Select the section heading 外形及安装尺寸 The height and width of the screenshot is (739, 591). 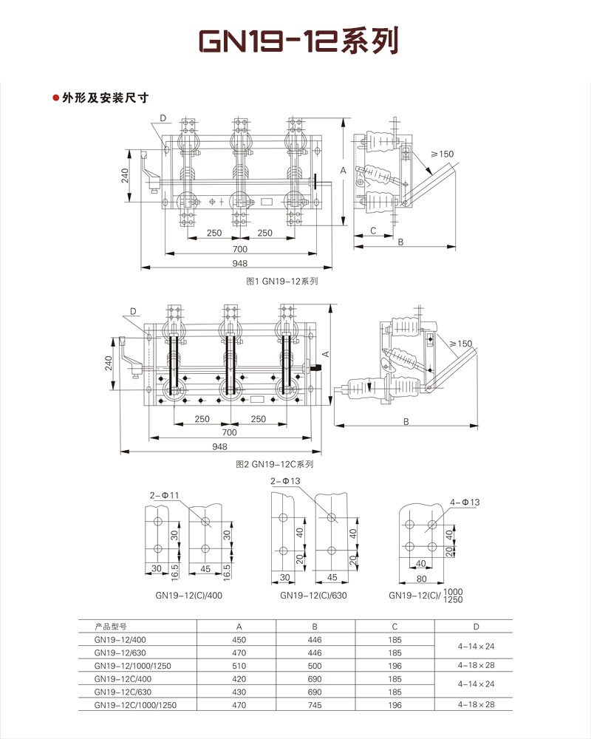(x=105, y=98)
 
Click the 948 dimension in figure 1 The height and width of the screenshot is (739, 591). (x=240, y=264)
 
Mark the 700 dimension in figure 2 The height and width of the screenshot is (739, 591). (x=229, y=432)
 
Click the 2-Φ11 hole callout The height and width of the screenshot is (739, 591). (x=164, y=494)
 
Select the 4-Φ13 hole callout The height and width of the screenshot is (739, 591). (x=465, y=503)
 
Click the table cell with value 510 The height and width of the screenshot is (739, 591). (x=239, y=666)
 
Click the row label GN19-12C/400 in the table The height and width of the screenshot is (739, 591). (x=123, y=679)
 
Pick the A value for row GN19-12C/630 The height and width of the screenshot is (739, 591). (x=239, y=692)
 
